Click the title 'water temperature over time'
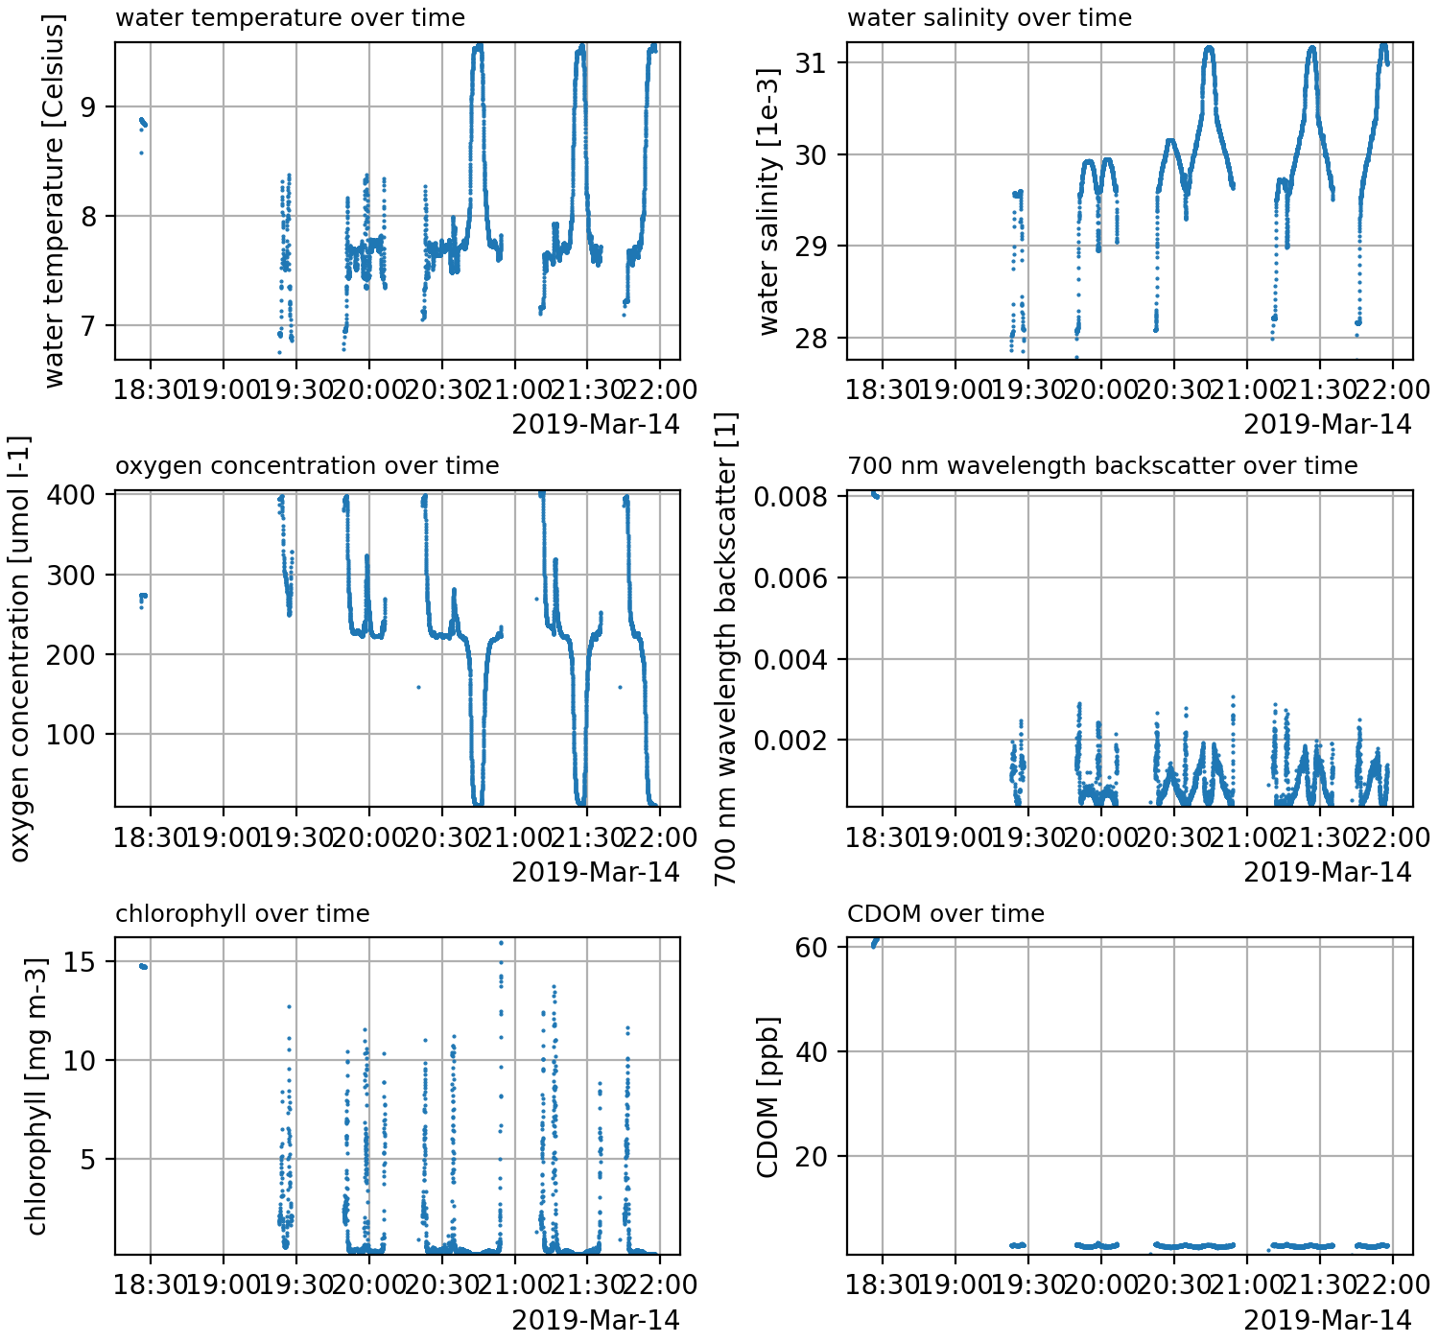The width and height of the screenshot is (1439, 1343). coord(290,18)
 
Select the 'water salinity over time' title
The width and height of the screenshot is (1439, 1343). coord(989,18)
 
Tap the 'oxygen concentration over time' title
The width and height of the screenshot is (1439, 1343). coord(307,466)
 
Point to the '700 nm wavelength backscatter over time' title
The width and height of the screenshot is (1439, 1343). coord(1102,466)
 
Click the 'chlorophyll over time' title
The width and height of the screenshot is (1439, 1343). coord(242,914)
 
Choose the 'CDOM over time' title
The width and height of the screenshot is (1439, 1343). coord(945,914)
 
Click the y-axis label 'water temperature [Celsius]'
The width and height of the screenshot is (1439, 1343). coord(55,200)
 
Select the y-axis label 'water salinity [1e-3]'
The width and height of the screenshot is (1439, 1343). coord(769,200)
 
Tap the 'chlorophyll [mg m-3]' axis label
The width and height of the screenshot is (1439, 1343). coord(36,1096)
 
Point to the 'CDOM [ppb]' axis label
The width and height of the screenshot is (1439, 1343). coord(767,1096)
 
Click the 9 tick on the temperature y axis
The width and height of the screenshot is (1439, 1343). coord(89,106)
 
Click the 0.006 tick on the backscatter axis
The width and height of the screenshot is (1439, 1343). coord(786,578)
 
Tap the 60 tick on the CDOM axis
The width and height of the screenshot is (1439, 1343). coord(811,948)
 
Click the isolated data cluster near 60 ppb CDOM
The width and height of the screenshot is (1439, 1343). coord(874,943)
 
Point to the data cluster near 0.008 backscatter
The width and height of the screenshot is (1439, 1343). coord(875,494)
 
